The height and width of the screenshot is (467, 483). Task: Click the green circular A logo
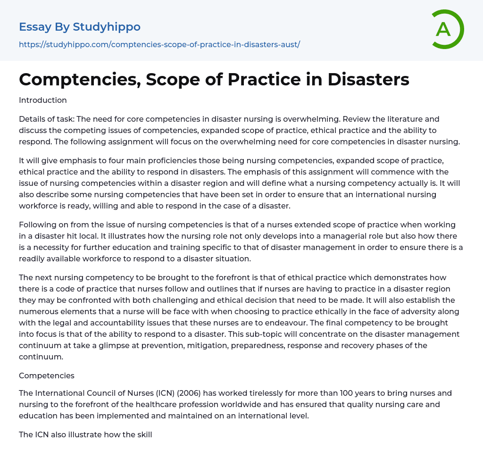click(x=447, y=30)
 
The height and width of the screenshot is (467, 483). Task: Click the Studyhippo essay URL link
click(x=159, y=44)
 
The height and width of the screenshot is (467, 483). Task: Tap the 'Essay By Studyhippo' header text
click(x=80, y=27)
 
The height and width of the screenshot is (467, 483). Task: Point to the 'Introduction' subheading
click(x=43, y=100)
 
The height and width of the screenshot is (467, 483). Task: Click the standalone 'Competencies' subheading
click(x=47, y=375)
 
